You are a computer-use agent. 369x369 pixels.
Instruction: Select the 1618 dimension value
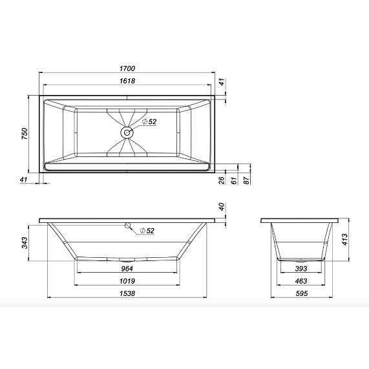(x=127, y=81)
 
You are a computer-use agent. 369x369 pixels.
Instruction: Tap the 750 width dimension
(x=24, y=134)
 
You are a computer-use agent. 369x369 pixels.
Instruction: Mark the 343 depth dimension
(x=24, y=243)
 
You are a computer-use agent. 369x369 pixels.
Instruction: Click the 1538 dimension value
(x=127, y=294)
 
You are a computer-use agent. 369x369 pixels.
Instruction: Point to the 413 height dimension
(x=345, y=240)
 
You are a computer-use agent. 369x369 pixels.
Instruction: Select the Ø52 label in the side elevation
(x=147, y=231)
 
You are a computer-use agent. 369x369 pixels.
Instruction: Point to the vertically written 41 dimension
(x=221, y=82)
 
